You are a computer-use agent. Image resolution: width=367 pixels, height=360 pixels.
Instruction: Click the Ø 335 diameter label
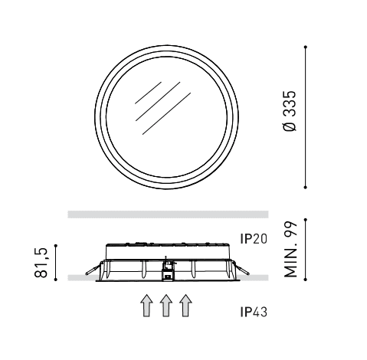coord(290,111)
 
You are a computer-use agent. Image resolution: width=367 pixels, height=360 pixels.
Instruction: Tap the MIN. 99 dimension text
coord(290,250)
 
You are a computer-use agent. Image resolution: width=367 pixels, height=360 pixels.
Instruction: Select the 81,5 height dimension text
coord(41,263)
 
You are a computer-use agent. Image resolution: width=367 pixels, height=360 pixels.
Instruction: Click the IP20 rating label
coord(254,239)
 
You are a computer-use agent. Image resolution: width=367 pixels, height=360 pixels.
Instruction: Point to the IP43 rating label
coord(254,312)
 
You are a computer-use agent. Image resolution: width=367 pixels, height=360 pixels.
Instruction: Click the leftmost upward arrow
coord(146,306)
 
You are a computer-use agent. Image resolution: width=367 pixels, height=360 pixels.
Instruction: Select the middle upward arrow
coord(166,306)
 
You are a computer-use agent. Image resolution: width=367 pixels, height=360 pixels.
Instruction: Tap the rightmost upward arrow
coord(185,306)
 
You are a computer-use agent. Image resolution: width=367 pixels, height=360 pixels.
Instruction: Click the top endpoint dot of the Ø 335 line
coord(305,47)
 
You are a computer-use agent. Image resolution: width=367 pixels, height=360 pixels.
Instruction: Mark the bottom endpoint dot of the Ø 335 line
coord(305,187)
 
